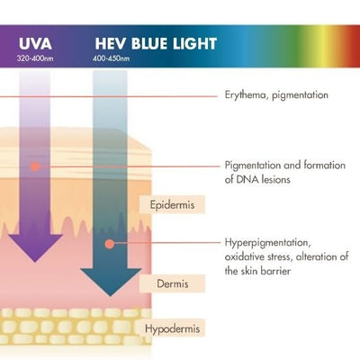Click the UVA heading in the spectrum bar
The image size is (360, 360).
35,43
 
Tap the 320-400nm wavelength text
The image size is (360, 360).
35,58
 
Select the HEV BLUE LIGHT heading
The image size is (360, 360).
156,43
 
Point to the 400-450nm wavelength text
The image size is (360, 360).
112,58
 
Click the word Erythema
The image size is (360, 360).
246,95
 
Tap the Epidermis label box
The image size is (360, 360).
172,205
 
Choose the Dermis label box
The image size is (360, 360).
172,283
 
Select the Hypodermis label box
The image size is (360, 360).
172,328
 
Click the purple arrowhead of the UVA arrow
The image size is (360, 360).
35,247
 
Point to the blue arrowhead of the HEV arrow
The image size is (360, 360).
111,282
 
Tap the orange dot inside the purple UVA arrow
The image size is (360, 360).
35,166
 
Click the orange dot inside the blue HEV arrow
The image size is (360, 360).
110,244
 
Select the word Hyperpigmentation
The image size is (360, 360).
266,243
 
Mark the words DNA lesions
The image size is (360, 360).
264,179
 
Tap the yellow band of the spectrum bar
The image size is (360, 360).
322,47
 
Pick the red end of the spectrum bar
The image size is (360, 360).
354,47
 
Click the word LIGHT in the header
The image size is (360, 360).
194,43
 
